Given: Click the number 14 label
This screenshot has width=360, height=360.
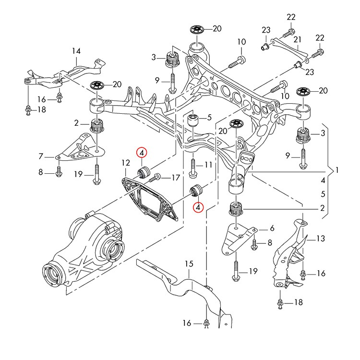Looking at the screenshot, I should (76, 50).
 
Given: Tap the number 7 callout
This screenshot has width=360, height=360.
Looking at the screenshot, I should (41, 156).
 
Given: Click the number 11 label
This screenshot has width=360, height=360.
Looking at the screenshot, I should (208, 165).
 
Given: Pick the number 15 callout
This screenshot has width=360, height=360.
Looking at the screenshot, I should (188, 264).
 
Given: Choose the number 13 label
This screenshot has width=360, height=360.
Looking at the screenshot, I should (321, 238).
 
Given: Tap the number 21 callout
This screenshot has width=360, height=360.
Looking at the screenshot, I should (297, 39).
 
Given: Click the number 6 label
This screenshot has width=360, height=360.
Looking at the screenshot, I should (272, 228).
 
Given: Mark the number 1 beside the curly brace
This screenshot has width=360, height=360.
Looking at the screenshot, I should (337, 170).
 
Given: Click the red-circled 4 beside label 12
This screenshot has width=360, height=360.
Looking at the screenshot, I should (142, 153).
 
